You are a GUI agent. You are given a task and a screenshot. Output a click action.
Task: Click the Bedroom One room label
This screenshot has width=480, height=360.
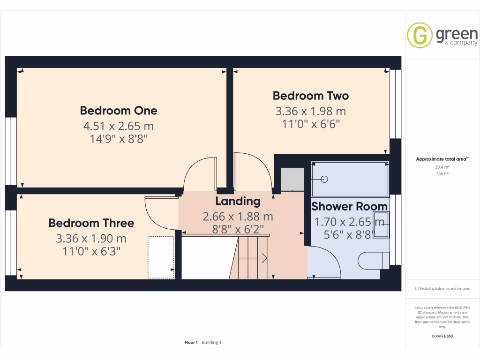tap(119, 111)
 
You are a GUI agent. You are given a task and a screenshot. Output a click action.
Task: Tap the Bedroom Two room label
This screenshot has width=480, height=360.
tap(311, 96)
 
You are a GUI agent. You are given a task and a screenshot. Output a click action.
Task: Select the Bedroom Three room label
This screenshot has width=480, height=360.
tap(91, 223)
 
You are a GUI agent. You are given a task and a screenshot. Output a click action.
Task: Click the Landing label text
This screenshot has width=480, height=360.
tap(238, 201)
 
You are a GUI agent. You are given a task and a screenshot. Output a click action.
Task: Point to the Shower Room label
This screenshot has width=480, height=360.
tap(349, 206)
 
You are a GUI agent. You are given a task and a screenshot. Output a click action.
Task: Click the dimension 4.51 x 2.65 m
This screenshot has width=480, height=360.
tap(119, 126)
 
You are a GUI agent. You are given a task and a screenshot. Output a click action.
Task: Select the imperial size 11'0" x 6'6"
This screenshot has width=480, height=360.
tap(311, 124)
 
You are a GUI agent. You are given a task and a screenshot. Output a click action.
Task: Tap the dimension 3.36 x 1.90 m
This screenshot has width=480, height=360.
tap(91, 239)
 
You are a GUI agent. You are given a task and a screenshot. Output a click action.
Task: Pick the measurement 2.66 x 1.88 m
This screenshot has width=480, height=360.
tap(238, 217)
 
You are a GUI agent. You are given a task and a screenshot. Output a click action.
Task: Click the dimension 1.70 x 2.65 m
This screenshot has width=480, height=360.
tap(349, 222)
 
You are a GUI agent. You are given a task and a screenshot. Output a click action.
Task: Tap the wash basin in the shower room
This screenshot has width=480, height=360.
tap(381, 225)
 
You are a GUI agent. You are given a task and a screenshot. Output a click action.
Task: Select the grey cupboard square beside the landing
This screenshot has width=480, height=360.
tap(292, 179)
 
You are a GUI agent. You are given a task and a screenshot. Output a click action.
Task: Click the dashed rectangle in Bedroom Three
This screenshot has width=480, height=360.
tap(161, 257)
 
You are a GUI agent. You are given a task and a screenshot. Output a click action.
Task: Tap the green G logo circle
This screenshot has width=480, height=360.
tap(420, 35)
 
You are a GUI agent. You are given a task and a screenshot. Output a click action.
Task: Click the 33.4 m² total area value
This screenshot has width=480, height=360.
tap(442, 167)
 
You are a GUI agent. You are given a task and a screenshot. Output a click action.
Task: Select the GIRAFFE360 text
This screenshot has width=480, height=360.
tap(442, 336)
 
